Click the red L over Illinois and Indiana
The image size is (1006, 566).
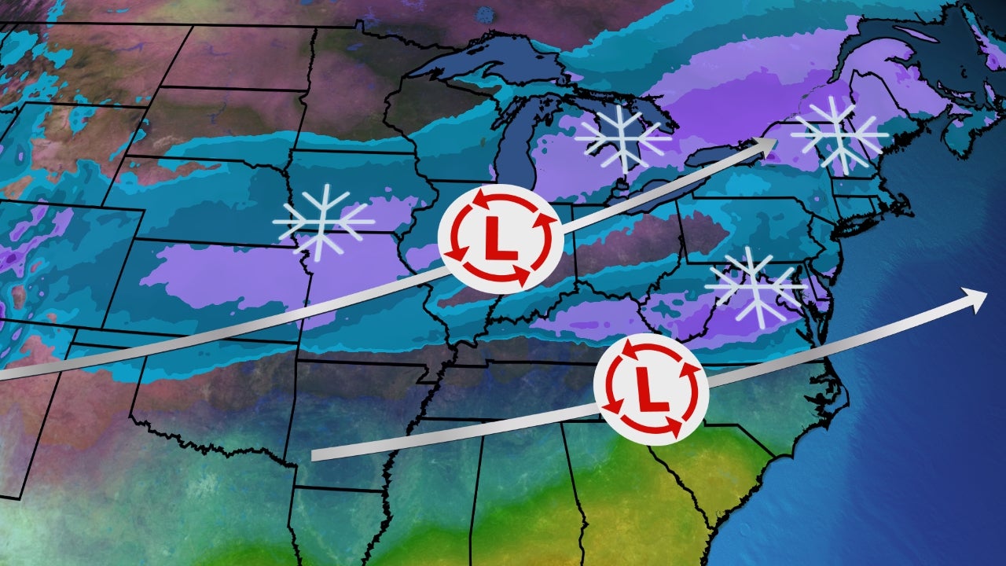click(x=500, y=240)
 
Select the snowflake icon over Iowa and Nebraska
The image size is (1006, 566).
click(x=322, y=222)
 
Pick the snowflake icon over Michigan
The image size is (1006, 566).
click(x=622, y=138)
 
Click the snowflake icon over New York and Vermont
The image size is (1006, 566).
click(x=839, y=135)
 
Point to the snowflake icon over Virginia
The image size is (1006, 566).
click(x=754, y=287)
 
